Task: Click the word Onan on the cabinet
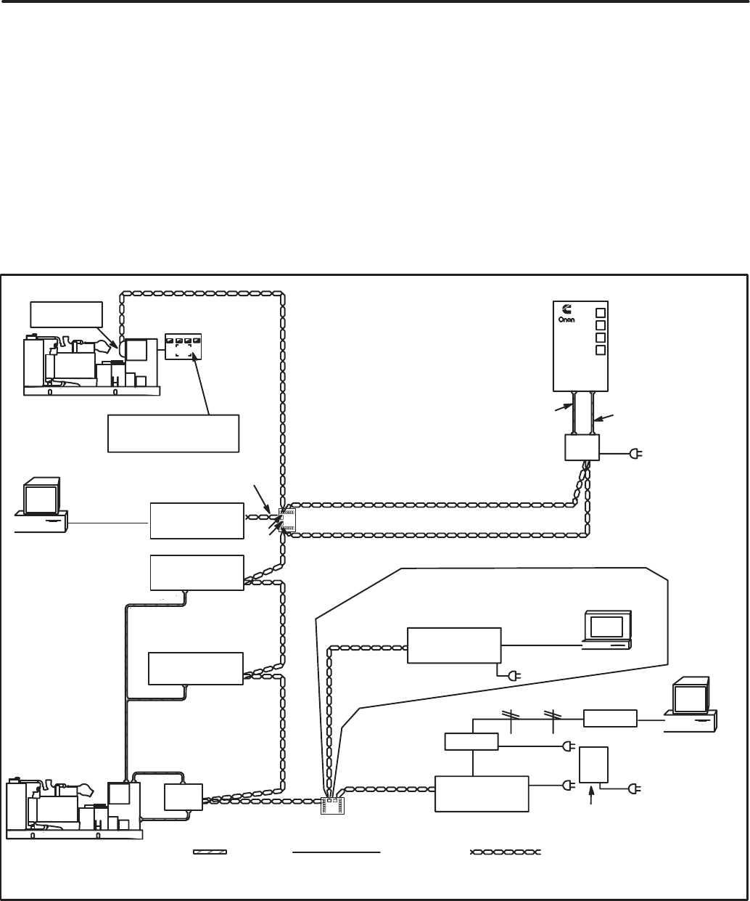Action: coord(566,319)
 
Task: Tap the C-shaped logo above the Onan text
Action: coord(567,309)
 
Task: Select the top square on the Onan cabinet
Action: coord(601,312)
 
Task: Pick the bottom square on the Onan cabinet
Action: coord(601,350)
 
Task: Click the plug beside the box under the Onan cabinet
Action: coord(636,454)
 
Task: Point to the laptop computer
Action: coord(607,629)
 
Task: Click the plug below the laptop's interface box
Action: coord(515,676)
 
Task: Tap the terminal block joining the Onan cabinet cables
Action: coord(287,521)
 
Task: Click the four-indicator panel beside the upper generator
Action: coord(184,346)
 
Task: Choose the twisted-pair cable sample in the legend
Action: coord(505,852)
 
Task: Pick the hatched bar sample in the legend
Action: coord(210,852)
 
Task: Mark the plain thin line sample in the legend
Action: coord(337,852)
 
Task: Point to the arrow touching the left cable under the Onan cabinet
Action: coord(564,407)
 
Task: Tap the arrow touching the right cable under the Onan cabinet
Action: coord(603,418)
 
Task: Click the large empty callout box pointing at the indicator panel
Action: coord(173,433)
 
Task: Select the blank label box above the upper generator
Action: coord(67,314)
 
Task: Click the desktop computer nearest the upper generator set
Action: coord(41,505)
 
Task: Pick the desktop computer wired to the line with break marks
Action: coord(691,705)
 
